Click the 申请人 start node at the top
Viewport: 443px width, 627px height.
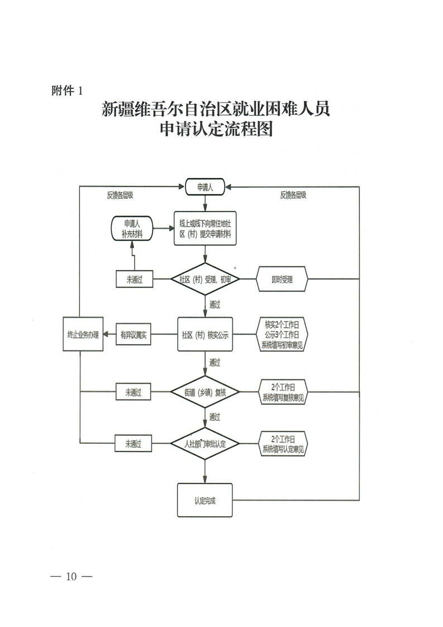click(x=205, y=187)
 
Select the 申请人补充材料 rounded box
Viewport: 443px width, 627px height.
click(x=132, y=229)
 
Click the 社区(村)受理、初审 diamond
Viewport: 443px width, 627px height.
click(x=205, y=280)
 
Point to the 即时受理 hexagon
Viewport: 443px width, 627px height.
click(x=283, y=280)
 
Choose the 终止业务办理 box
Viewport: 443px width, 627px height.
click(x=83, y=335)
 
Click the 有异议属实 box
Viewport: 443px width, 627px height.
click(x=134, y=335)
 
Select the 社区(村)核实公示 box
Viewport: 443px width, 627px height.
click(x=205, y=335)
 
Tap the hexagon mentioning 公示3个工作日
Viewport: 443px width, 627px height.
click(x=283, y=334)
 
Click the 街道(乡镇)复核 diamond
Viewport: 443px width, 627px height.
click(x=205, y=393)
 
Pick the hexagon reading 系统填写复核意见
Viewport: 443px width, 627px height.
click(x=283, y=392)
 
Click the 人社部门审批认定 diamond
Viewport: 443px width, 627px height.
click(x=205, y=444)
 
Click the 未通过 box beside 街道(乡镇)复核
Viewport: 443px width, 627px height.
click(x=134, y=393)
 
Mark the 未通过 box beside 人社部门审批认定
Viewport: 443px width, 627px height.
click(x=134, y=444)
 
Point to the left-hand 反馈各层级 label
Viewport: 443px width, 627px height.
click(x=120, y=196)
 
